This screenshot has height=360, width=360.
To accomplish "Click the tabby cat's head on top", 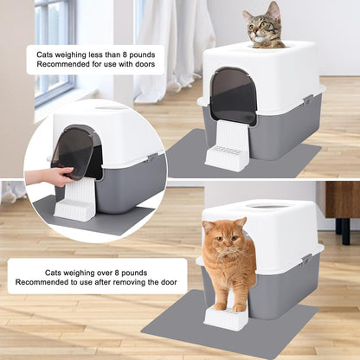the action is [263, 25].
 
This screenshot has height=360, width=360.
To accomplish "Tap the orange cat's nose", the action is [228, 246].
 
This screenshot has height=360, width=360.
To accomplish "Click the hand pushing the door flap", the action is [49, 177].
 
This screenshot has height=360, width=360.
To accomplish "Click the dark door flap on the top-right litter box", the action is [233, 95].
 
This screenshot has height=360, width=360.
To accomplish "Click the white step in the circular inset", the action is [74, 200].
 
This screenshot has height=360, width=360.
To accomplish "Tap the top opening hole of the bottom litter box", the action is [267, 206].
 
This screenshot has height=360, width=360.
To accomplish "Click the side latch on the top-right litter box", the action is [307, 100].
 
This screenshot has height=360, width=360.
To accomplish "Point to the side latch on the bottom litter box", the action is [306, 259].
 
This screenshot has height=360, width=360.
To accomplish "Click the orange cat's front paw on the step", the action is [240, 307].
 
